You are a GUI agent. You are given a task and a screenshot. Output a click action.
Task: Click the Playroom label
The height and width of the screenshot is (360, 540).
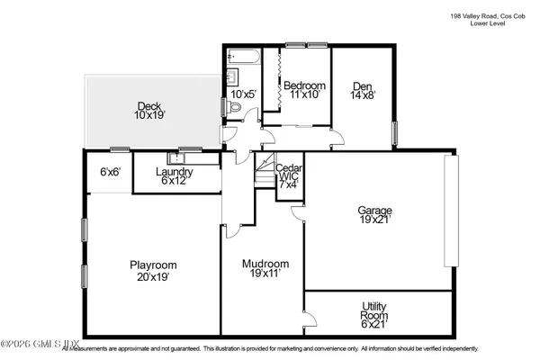pyautogui.click(x=152, y=271)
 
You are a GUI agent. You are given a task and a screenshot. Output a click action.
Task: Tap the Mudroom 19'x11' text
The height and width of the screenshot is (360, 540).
pyautogui.click(x=265, y=271)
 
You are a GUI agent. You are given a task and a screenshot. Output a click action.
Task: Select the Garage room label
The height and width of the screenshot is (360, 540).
pyautogui.click(x=376, y=217)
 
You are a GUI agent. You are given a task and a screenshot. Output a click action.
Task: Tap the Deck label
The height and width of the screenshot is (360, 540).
pyautogui.click(x=151, y=111)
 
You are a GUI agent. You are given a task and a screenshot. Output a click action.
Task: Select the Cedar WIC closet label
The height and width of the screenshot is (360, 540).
pyautogui.click(x=288, y=173)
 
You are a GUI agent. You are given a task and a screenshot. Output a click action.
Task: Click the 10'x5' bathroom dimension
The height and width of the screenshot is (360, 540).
pyautogui.click(x=242, y=94)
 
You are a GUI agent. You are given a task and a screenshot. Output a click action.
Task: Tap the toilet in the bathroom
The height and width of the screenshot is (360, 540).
pyautogui.click(x=236, y=108)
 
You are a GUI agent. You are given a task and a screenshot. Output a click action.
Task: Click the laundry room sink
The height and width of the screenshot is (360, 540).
pyautogui.click(x=186, y=156)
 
